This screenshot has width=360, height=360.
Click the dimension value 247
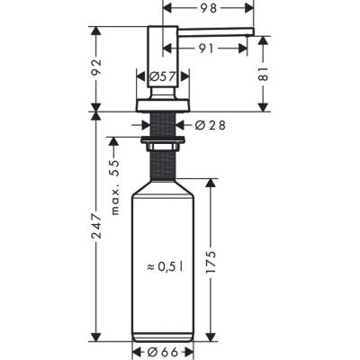97,242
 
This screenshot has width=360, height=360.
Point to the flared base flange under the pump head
162,101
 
